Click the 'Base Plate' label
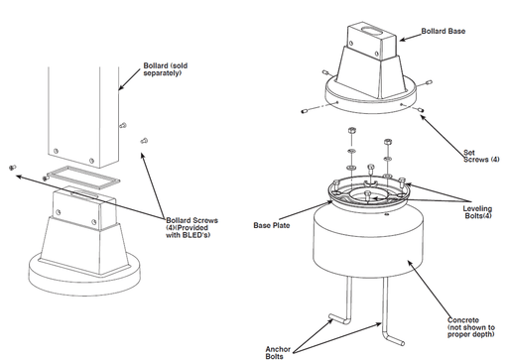273,224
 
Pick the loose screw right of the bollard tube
145,142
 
